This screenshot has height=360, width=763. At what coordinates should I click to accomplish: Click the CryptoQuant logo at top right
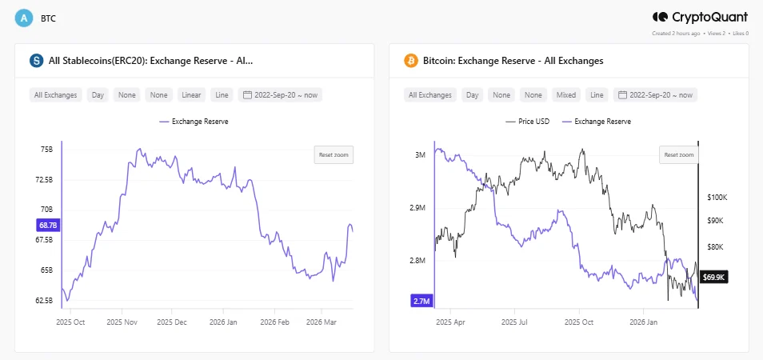tap(700, 17)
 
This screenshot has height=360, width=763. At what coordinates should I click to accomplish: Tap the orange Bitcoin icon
tap(411, 61)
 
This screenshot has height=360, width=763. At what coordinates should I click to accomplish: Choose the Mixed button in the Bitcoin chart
tap(565, 95)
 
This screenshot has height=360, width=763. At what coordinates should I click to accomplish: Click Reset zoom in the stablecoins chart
tap(334, 154)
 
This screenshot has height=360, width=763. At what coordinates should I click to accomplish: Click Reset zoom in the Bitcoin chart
tap(679, 154)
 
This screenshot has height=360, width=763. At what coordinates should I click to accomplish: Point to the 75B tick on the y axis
tap(46, 150)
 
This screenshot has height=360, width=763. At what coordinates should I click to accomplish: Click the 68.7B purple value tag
tap(47, 226)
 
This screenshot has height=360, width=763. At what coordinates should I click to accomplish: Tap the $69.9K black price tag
tap(713, 277)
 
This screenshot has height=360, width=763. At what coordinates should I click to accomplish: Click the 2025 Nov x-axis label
tap(125, 322)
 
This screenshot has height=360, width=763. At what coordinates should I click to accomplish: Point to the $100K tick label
tap(717, 197)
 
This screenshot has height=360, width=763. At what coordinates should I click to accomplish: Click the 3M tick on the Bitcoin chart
tap(420, 155)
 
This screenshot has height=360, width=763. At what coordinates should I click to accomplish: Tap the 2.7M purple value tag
tap(422, 301)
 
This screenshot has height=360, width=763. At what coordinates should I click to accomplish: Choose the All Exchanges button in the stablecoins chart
tap(56, 95)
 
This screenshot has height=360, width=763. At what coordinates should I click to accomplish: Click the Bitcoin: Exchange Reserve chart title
tap(514, 61)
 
